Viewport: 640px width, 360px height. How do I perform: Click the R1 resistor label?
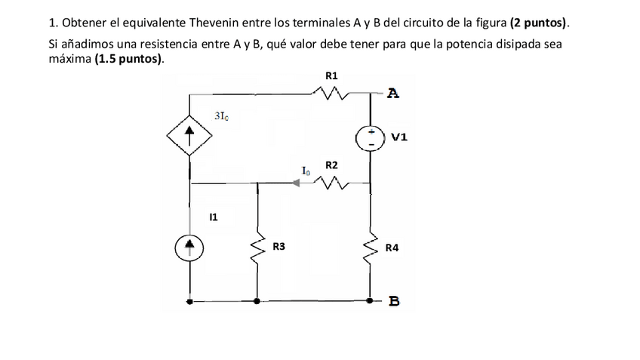tap(331, 75)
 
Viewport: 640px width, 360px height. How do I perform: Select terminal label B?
tap(394, 302)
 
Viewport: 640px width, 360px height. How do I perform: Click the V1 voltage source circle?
tap(371, 138)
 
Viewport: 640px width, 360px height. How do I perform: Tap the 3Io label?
tap(222, 116)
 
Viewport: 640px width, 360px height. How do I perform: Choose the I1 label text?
tap(214, 217)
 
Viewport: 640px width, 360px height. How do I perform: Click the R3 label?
tap(278, 247)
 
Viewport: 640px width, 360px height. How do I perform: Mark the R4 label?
tap(392, 247)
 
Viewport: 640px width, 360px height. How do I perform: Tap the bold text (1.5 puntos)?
tap(129, 58)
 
